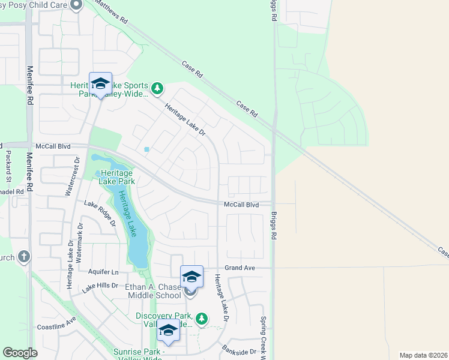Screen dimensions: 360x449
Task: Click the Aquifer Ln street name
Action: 103,272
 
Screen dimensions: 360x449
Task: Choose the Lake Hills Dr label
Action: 100,286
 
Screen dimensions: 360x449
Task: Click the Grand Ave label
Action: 240,267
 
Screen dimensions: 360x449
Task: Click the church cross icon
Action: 23,257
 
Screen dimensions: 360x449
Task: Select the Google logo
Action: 20,353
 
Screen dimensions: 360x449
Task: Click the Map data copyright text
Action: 423,355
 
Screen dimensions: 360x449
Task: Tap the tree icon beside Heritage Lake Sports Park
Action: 157,89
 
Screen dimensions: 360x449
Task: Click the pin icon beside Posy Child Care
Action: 76,5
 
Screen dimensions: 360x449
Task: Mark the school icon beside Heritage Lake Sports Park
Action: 100,83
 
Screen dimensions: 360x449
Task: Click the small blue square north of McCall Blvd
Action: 147,149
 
